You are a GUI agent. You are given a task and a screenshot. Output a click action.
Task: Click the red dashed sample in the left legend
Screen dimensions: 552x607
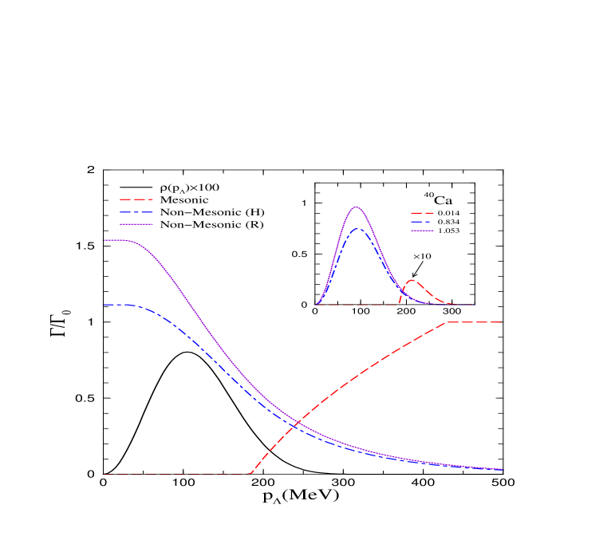click(136, 199)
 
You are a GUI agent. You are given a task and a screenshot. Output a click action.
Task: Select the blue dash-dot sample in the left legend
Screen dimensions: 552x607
click(136, 213)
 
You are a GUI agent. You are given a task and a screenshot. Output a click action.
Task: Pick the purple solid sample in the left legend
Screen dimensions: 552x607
click(136, 224)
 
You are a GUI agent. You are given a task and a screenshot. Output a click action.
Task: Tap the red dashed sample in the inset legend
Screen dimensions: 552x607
click(422, 213)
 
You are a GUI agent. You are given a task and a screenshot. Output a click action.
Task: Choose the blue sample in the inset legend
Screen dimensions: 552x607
click(422, 222)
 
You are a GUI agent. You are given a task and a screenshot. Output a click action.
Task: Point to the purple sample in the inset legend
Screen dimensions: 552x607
click(422, 231)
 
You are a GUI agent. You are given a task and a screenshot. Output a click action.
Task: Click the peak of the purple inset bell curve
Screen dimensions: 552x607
click(356, 207)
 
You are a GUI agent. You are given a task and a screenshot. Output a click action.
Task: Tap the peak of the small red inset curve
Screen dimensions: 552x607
click(412, 280)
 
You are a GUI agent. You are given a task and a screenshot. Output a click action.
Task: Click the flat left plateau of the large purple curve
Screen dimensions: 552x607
click(116, 240)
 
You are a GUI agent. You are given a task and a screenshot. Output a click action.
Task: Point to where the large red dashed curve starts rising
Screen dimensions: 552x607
click(250, 474)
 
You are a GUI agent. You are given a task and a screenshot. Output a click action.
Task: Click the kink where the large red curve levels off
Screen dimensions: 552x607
click(447, 322)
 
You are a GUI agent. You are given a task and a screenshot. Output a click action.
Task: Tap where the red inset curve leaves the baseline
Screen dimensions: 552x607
click(398, 304)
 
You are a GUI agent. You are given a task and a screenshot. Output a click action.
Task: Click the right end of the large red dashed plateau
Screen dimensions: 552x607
click(501, 322)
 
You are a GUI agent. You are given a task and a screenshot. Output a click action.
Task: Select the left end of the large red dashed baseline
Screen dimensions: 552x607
click(103, 475)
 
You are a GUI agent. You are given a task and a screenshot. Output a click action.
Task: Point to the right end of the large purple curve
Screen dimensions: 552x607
click(503, 469)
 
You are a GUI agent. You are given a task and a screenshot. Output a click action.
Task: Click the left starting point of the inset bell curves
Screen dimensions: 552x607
click(317, 305)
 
